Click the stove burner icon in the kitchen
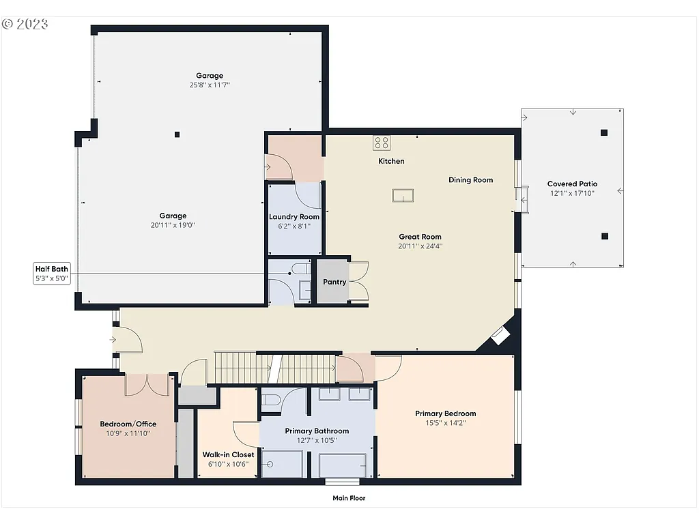pyautogui.click(x=381, y=143)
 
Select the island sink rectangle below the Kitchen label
pyautogui.click(x=403, y=195)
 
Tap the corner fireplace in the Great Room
pyautogui.click(x=500, y=335)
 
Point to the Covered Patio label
pyautogui.click(x=572, y=184)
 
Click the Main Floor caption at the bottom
pyautogui.click(x=349, y=498)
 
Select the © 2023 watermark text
pyautogui.click(x=25, y=24)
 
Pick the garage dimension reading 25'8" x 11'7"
pyautogui.click(x=210, y=85)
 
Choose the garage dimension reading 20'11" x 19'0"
pyautogui.click(x=173, y=225)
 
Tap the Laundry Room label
pyautogui.click(x=294, y=217)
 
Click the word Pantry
pyautogui.click(x=334, y=282)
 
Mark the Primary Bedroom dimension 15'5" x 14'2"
pyautogui.click(x=445, y=423)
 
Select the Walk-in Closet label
pyautogui.click(x=228, y=454)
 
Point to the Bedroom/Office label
pyautogui.click(x=126, y=423)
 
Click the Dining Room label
pyautogui.click(x=470, y=180)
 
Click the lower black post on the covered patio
pyautogui.click(x=604, y=236)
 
